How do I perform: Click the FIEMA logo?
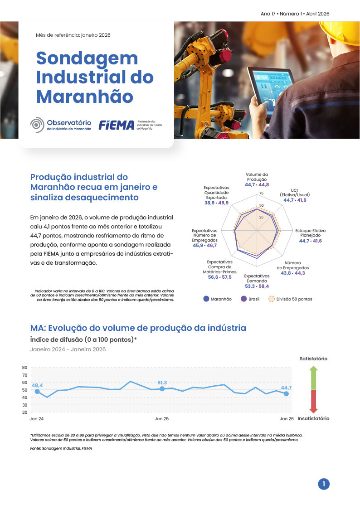(117, 125)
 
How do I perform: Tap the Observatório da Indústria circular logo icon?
(37, 125)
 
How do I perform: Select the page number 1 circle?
(323, 484)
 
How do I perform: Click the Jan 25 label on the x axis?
(162, 419)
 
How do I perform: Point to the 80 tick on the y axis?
(24, 368)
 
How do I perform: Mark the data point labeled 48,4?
(37, 391)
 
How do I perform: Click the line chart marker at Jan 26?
(286, 394)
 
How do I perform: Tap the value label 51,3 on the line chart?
(162, 383)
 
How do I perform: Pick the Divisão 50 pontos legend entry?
(290, 299)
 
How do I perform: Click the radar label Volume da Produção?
(257, 177)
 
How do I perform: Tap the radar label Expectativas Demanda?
(257, 278)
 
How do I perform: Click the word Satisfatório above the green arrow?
(313, 359)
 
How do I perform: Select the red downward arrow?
(313, 401)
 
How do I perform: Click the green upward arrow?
(313, 378)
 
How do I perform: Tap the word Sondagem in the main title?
(87, 58)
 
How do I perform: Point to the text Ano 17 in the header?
(268, 14)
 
